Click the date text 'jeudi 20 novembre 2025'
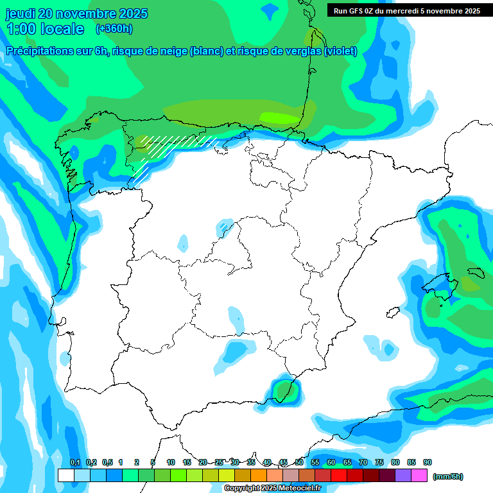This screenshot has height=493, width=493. [x=76, y=13]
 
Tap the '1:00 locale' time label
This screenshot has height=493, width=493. [x=46, y=29]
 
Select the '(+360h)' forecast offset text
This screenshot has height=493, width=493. [x=114, y=29]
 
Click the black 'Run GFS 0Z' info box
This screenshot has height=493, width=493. [x=406, y=10]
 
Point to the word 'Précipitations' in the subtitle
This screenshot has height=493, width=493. [x=38, y=51]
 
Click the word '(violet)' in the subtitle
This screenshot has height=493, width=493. [x=341, y=51]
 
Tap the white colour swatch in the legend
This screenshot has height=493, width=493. [x=65, y=476]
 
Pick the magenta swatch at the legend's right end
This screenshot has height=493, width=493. [x=419, y=476]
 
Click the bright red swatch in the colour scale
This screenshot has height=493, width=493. [x=339, y=476]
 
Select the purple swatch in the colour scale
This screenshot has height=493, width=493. [x=403, y=476]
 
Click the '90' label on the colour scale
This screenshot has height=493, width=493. [x=428, y=463]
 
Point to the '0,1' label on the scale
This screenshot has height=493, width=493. [x=75, y=463]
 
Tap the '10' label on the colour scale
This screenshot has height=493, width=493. [x=171, y=463]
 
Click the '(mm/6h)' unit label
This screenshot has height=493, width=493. [x=448, y=476]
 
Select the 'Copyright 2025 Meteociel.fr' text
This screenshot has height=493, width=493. [x=272, y=489]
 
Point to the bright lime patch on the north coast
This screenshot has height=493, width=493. [x=279, y=117]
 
